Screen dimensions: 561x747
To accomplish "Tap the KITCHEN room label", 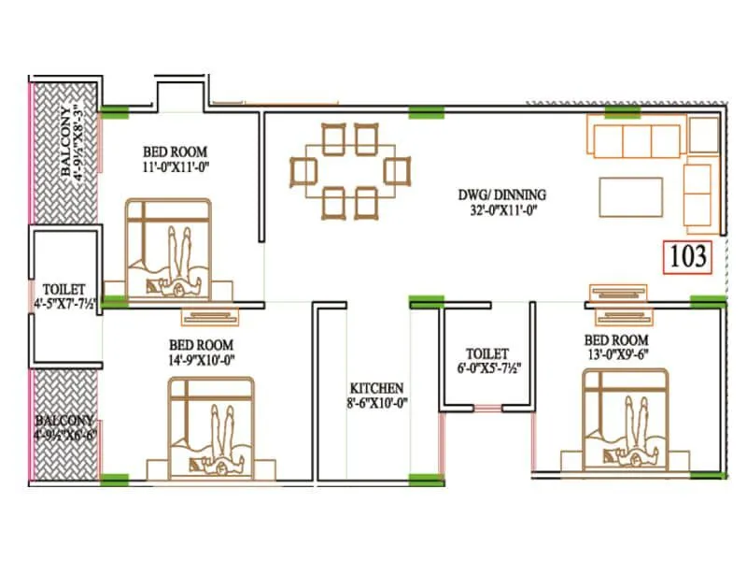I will click(376, 387).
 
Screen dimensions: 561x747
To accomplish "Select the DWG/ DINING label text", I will click(502, 194).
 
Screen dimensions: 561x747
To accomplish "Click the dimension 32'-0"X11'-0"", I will click(502, 210).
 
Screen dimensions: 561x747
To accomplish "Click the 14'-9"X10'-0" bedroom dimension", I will click(201, 358).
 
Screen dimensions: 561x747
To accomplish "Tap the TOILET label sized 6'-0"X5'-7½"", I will click(487, 353).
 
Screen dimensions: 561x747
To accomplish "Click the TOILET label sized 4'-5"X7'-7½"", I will click(64, 289).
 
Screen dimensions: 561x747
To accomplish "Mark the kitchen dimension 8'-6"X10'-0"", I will click(376, 403).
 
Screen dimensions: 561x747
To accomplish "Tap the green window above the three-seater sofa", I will click(616, 112).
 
